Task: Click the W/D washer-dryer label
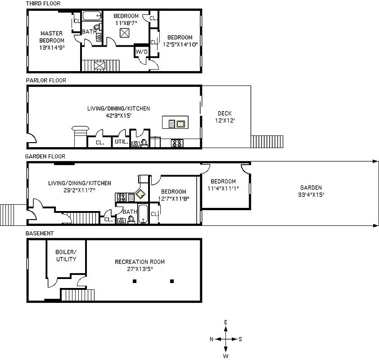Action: (141, 52)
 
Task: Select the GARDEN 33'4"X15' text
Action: (311, 191)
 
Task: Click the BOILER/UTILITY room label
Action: (66, 255)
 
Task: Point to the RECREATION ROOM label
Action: (140, 265)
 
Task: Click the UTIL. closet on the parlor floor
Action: (122, 142)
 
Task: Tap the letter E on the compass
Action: (226, 322)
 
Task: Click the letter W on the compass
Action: (226, 356)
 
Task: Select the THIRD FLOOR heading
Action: (43, 4)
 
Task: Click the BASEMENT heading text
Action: (40, 233)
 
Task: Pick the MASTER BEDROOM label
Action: (51, 40)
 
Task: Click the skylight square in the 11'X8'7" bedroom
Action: (125, 33)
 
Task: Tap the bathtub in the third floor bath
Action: (93, 17)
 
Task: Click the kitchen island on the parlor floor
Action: (175, 122)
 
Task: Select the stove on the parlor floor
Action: (176, 144)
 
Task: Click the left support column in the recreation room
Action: (134, 282)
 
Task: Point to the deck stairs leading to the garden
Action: (267, 141)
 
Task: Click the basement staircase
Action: (72, 295)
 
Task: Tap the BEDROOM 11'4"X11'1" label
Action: (223, 185)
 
